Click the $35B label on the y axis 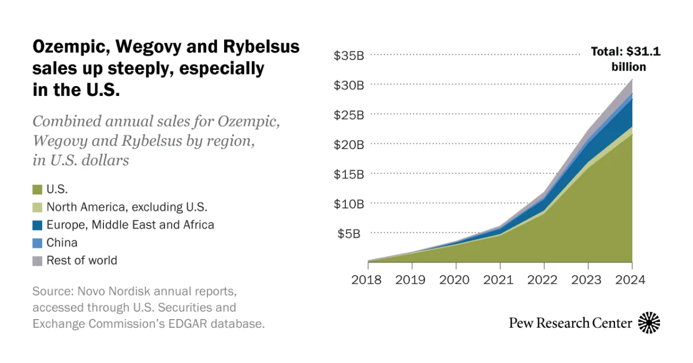point(348,55)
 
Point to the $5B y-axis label point(348,234)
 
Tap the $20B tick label point(348,145)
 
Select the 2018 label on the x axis point(368,280)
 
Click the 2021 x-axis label point(500,280)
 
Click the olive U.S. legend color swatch point(38,189)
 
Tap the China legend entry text point(62,243)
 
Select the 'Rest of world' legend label point(81,261)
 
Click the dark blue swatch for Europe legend point(38,225)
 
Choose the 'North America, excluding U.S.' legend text point(126,207)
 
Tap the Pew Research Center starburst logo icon point(649,323)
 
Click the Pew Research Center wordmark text point(570,323)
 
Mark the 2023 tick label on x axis point(588,280)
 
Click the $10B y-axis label point(348,203)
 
